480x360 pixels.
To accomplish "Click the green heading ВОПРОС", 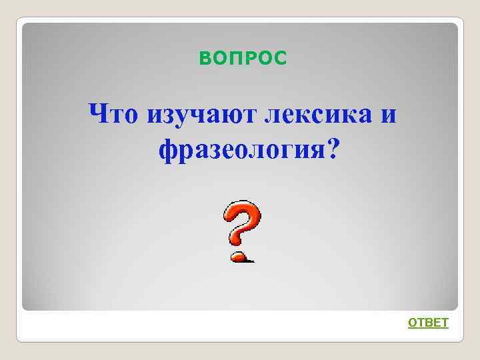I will tap(243, 60).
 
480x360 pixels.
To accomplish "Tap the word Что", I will tap(113, 114).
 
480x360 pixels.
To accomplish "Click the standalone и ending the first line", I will tap(389, 115).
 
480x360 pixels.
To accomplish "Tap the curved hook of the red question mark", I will tap(241, 220).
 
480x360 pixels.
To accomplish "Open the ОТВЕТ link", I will tap(428, 323).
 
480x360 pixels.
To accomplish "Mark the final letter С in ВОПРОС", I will tap(281, 60).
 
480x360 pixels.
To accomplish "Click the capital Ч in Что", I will tap(99, 113).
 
